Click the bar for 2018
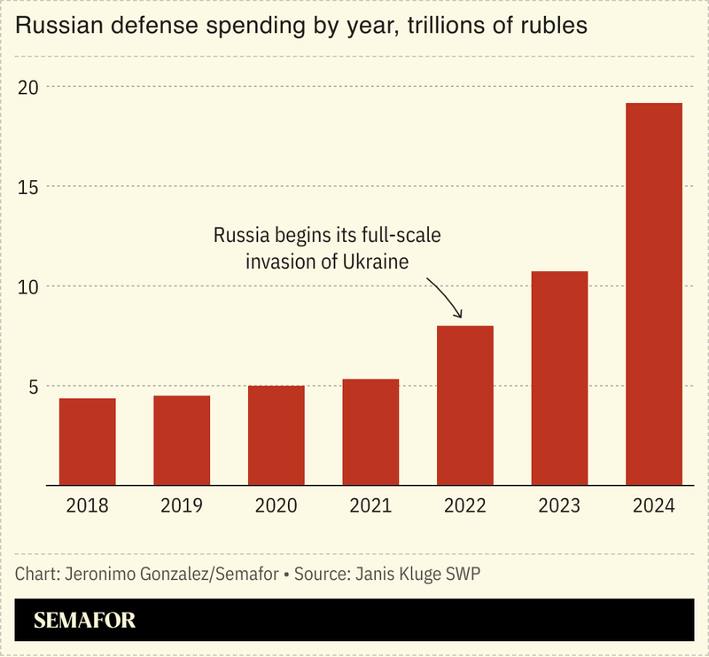click(87, 442)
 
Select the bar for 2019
click(182, 441)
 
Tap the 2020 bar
click(276, 435)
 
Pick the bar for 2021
click(370, 432)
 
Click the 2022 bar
click(464, 405)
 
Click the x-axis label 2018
click(87, 506)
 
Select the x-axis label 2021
click(370, 506)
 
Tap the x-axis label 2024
click(654, 506)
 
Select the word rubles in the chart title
click(555, 27)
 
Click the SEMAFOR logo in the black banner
click(85, 620)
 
